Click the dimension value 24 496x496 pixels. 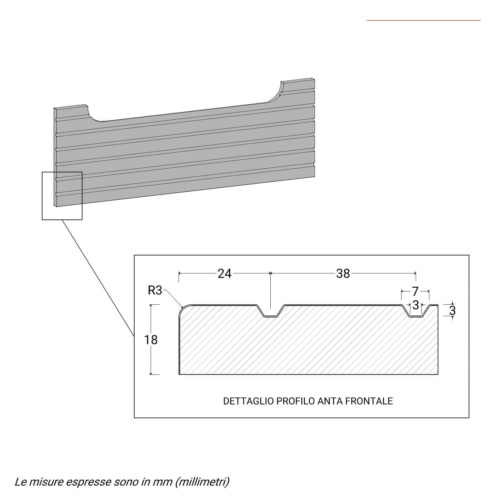pos(224,273)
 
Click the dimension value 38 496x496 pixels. pos(343,273)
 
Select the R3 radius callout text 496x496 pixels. pos(155,290)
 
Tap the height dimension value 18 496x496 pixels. pos(151,340)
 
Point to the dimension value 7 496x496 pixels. pos(415,291)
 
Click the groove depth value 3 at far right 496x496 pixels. pos(452,310)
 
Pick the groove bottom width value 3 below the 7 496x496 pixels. pos(416,305)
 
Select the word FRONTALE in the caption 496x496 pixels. pos(369,401)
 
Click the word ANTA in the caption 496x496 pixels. pos(330,401)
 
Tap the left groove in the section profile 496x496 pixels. pos(270,311)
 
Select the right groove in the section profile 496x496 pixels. pos(416,311)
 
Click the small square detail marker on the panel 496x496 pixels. pos(62,196)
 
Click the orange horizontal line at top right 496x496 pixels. pos(423,20)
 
